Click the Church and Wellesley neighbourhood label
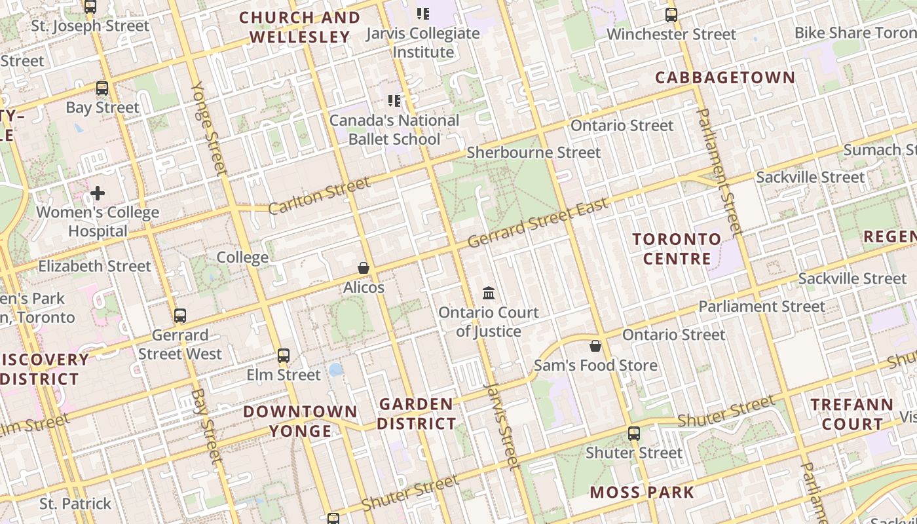[x=300, y=28]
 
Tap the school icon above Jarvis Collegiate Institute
[x=423, y=13]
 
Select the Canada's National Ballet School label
[x=394, y=130]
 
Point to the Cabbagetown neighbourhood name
[x=725, y=77]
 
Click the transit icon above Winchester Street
[x=671, y=14]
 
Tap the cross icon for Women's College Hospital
[x=98, y=193]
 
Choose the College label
[x=242, y=257]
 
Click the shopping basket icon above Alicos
[x=364, y=268]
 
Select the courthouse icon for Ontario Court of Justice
[x=489, y=293]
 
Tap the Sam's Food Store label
[x=595, y=365]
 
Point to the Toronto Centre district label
[x=677, y=249]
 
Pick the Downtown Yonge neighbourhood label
[x=301, y=421]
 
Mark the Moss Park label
[x=642, y=493]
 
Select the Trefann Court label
[x=852, y=414]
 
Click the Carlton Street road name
[x=319, y=195]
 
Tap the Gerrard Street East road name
[x=538, y=223]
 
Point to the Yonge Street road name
[x=209, y=128]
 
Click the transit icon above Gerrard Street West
[x=180, y=316]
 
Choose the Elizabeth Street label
[x=94, y=266]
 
